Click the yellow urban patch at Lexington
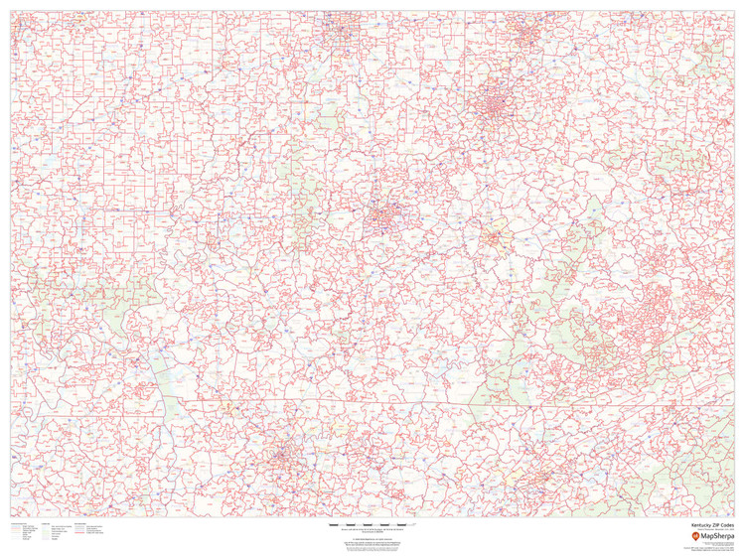[x=494, y=238]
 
